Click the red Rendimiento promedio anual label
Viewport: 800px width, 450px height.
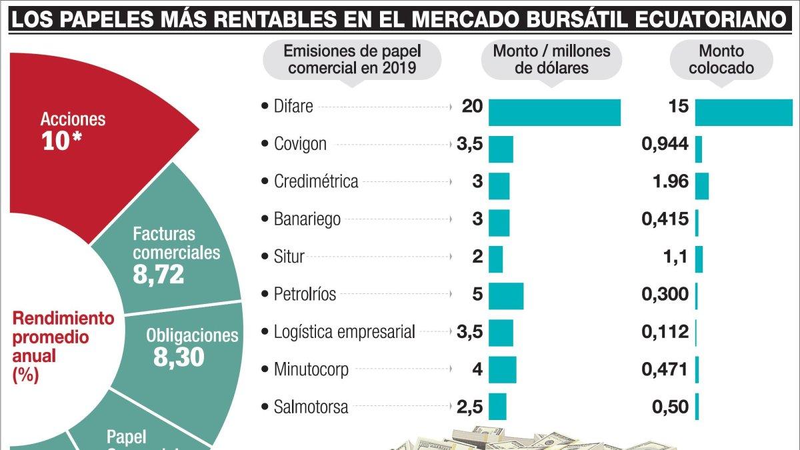(x=63, y=346)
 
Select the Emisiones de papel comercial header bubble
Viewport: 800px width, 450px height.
(x=352, y=59)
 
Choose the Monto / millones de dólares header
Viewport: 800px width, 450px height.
(x=551, y=59)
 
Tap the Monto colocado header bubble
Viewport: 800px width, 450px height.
(x=721, y=59)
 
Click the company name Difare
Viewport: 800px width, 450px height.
(x=293, y=106)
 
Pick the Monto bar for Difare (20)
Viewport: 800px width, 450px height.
(x=555, y=112)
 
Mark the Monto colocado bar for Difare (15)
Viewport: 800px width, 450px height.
(x=744, y=112)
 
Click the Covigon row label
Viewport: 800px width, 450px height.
(x=300, y=143)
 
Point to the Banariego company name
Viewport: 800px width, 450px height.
(x=307, y=218)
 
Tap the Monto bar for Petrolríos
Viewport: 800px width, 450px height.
(x=506, y=296)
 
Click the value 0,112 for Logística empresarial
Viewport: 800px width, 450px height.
(x=665, y=331)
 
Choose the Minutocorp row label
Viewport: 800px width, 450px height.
(x=311, y=369)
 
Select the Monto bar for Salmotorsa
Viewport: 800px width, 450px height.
(x=497, y=406)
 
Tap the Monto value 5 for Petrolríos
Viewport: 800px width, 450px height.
(x=477, y=293)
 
